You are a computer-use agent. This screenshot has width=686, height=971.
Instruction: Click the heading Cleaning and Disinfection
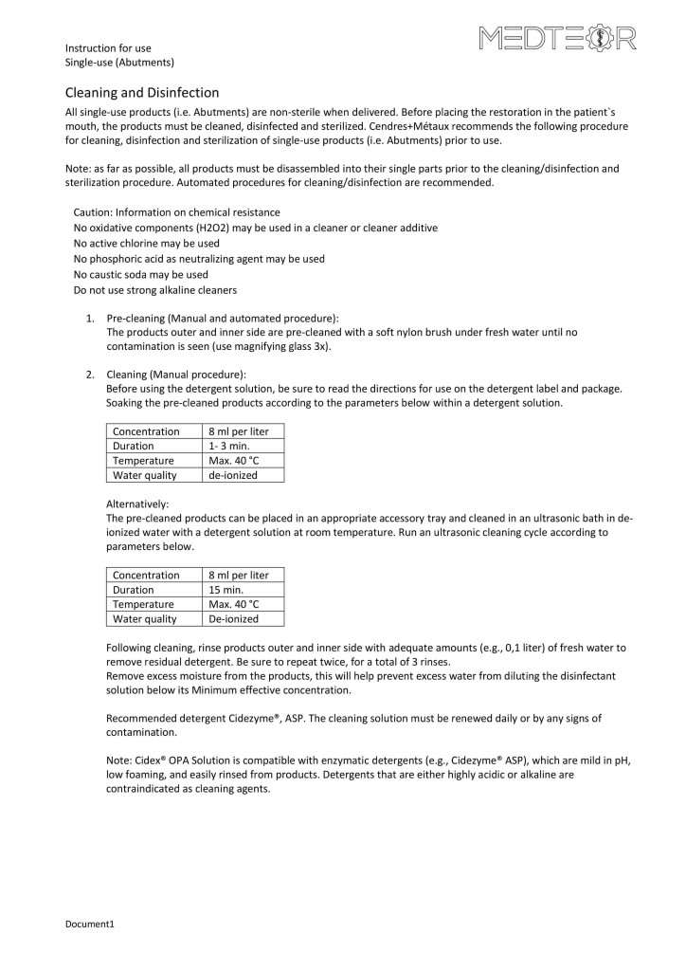click(x=141, y=92)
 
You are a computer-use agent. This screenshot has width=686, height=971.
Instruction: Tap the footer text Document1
click(x=89, y=922)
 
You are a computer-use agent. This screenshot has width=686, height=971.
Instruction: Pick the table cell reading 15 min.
click(x=226, y=589)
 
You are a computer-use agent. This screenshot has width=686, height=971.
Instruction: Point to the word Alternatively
click(x=137, y=504)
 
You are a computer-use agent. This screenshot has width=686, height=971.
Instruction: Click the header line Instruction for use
click(x=107, y=47)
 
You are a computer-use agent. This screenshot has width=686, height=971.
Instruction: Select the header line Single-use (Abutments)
click(x=118, y=63)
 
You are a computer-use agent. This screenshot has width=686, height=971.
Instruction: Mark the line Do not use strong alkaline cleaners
click(x=154, y=289)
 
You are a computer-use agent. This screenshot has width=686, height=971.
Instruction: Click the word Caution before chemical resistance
click(x=93, y=212)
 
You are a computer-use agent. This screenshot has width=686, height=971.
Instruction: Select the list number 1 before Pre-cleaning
click(x=90, y=318)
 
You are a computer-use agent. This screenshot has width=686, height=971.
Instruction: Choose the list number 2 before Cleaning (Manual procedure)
click(x=90, y=374)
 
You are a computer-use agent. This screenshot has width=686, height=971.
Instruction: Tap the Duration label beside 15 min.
click(x=133, y=589)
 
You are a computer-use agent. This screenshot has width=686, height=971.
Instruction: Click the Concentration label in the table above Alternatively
click(x=146, y=431)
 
